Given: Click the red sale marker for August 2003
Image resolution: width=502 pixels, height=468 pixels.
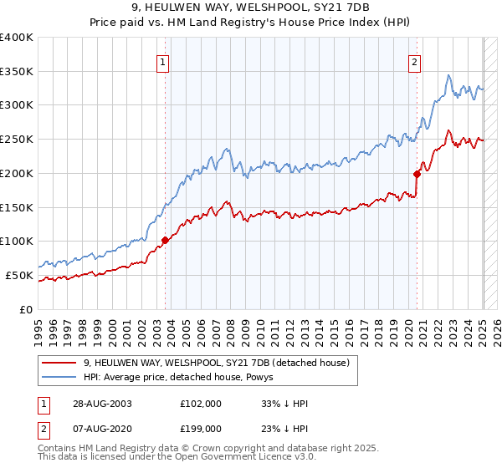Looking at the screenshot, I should click(165, 240).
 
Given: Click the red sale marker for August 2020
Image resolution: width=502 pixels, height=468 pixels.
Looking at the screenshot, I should click(417, 174).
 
